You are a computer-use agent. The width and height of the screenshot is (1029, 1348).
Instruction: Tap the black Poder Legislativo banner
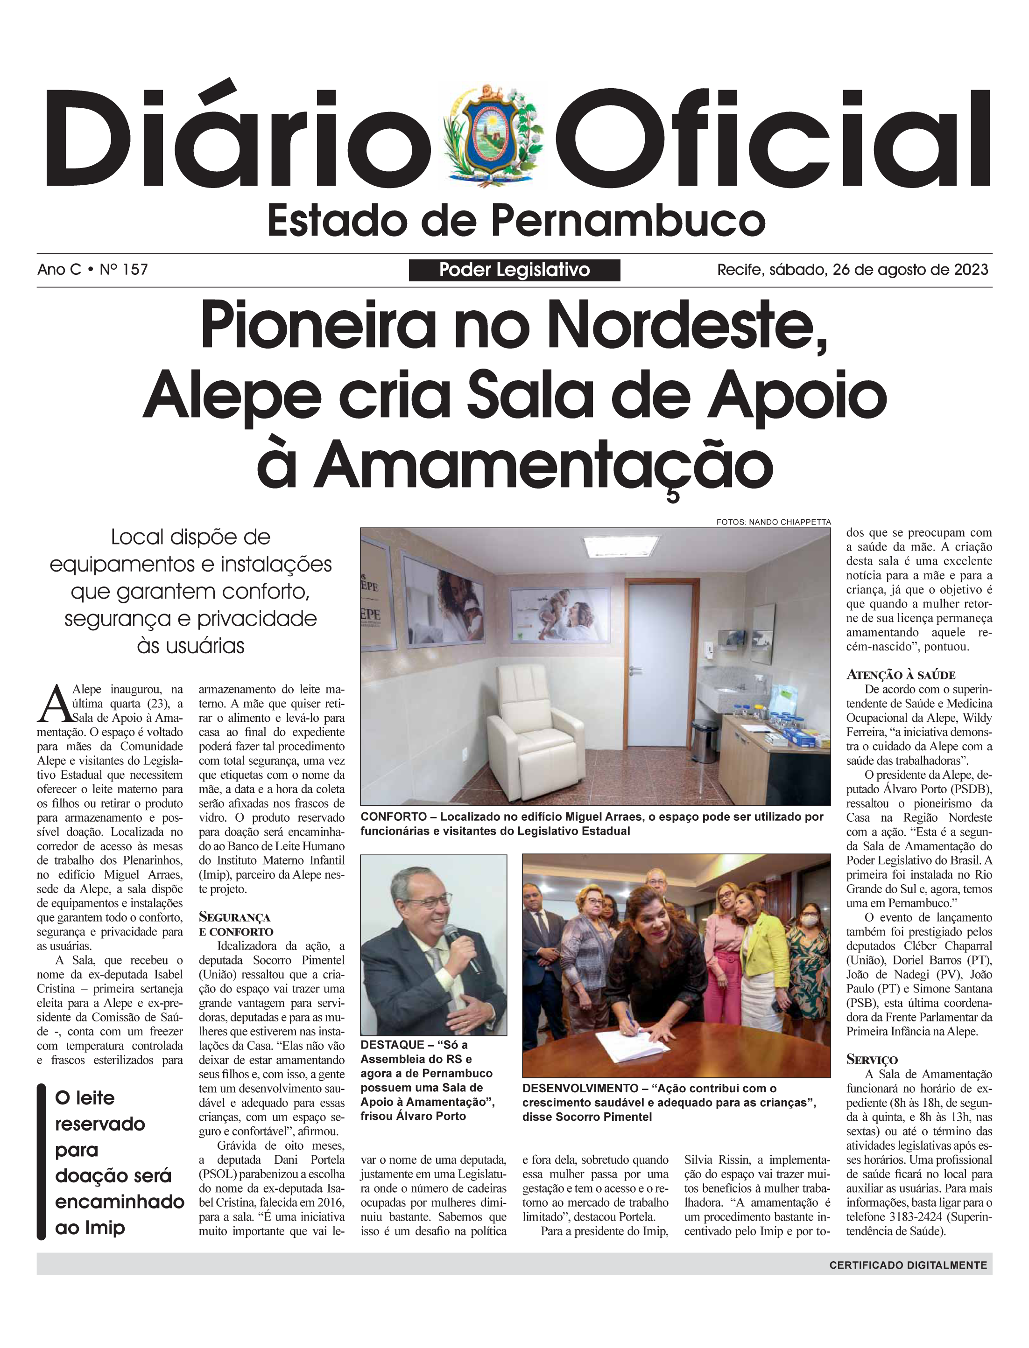click(514, 270)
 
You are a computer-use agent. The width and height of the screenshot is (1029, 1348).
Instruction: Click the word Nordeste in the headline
click(691, 327)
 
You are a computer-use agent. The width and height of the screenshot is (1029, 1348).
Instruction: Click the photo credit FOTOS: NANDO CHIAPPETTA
click(773, 522)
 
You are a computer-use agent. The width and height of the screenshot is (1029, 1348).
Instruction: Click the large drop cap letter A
click(53, 705)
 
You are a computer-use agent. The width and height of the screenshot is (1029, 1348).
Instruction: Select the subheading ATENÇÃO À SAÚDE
click(900, 675)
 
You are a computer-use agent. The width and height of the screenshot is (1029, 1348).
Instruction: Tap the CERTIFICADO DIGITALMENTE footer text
click(908, 1265)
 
